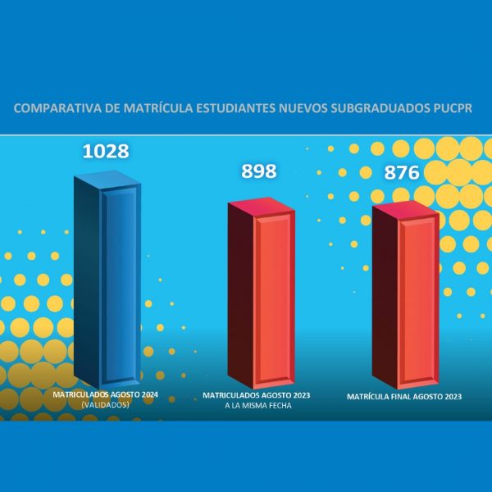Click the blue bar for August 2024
point(107,283)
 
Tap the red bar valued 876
point(404,299)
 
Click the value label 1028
point(106,152)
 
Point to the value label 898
point(258,171)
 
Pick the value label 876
point(402,173)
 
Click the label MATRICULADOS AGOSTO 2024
point(105,394)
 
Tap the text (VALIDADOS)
point(105,404)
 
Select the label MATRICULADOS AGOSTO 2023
point(257,395)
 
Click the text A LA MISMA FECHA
point(257,405)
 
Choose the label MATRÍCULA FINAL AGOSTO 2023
point(404,397)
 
